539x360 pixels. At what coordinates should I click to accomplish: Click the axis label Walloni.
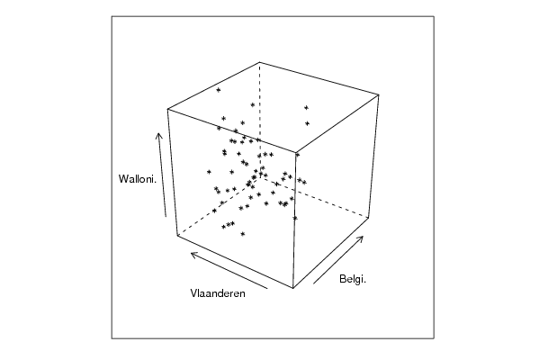coord(138,179)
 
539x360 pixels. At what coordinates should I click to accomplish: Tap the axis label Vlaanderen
coord(218,293)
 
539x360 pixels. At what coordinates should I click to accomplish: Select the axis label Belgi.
coord(353,279)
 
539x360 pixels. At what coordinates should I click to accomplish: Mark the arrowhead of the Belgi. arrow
coord(363,237)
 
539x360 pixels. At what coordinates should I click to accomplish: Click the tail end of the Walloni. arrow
coord(166,217)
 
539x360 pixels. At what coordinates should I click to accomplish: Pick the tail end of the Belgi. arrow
coord(313,283)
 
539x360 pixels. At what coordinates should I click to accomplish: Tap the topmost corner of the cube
coord(260,62)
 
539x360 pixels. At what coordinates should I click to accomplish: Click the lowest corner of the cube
coord(292,288)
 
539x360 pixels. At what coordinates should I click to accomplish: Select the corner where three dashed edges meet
coord(261,176)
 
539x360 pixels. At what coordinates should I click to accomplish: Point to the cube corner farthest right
coord(379,94)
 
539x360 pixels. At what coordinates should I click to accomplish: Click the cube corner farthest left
coord(167,109)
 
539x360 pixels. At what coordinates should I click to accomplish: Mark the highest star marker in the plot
coord(219,90)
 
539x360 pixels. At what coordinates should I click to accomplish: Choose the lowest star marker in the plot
coord(243,234)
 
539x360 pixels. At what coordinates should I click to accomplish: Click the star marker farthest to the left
coord(209,172)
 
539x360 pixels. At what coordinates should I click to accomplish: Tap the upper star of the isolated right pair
coord(306,108)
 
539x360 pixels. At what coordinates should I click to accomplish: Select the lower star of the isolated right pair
coord(307,123)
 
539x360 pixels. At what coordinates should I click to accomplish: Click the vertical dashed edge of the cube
coord(260,120)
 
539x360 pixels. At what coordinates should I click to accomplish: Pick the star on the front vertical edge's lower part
coord(295,218)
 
